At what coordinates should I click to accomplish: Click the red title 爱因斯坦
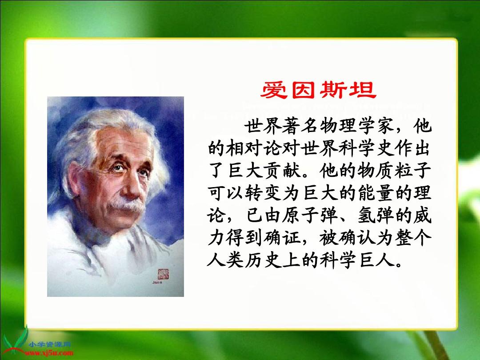pos(318,90)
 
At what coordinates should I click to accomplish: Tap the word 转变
pos(263,193)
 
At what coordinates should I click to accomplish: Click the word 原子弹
pos(309,215)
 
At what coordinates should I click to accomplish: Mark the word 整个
pos(413,237)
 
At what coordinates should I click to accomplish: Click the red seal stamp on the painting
pos(163,274)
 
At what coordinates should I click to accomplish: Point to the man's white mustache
pos(126,205)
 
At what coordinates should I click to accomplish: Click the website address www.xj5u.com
pos(50,353)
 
